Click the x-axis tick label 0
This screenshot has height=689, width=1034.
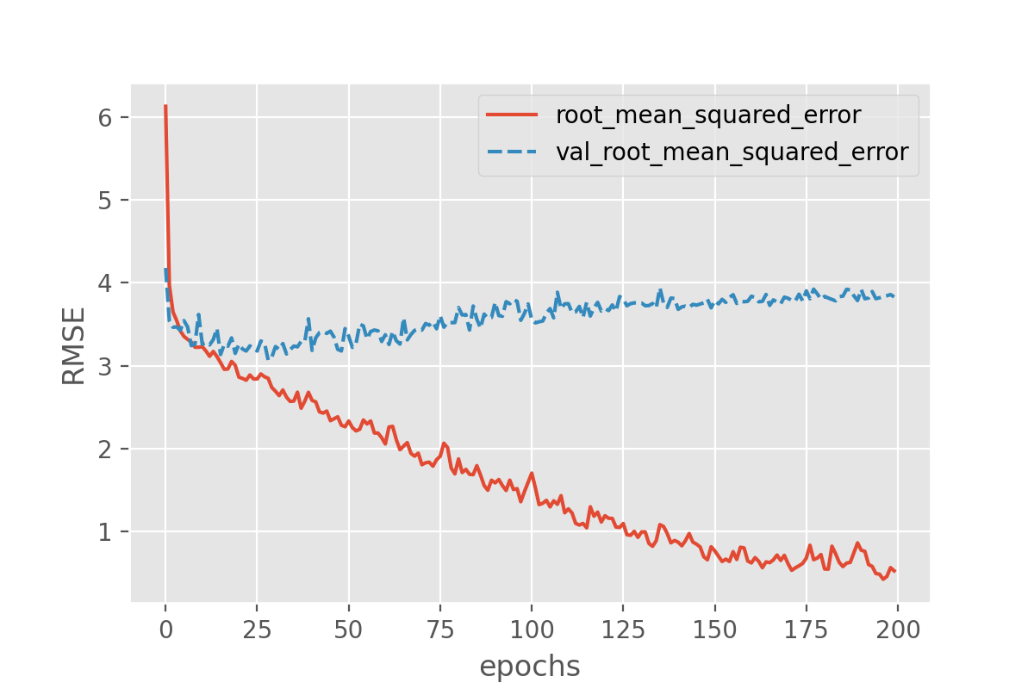[x=165, y=628]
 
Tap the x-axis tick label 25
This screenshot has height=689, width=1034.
[x=257, y=628]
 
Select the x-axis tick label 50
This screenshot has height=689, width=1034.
[x=348, y=628]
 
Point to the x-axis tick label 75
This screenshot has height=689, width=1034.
[x=439, y=628]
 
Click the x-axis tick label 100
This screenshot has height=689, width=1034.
[x=532, y=628]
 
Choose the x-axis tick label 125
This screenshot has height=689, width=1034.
[x=623, y=628]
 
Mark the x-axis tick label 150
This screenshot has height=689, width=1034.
[x=714, y=628]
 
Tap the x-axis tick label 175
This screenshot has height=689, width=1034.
[x=806, y=628]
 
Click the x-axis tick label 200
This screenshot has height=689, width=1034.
[x=897, y=628]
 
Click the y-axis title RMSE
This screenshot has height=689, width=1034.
[x=74, y=345]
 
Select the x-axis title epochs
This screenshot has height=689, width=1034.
[x=530, y=667]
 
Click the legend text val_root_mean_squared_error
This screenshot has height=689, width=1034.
[x=732, y=152]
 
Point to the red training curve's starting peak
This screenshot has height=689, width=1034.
[x=165, y=106]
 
